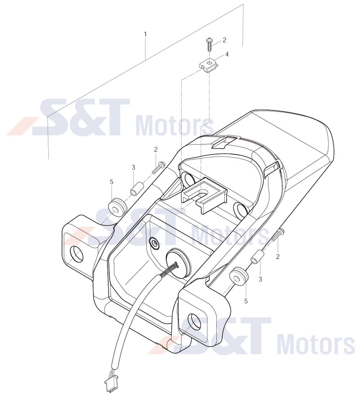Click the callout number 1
[x=145, y=34]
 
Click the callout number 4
[x=227, y=54]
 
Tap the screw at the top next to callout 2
[x=209, y=44]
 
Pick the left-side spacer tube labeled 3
[x=137, y=189]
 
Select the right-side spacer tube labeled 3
[x=257, y=257]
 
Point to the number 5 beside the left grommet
[x=111, y=182]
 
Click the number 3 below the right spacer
[x=260, y=279]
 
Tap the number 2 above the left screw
[x=156, y=149]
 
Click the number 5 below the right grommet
[x=246, y=301]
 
